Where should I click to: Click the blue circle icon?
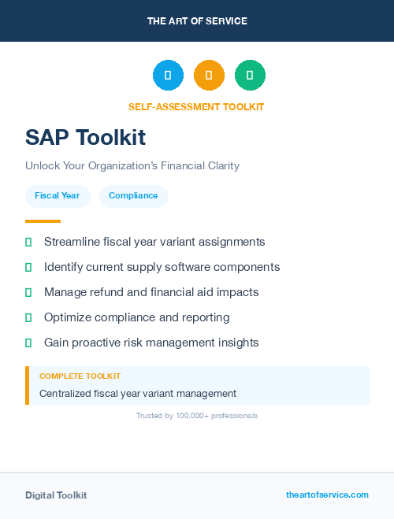coord(168,76)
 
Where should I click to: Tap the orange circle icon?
coord(209,76)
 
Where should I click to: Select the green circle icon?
coord(250,76)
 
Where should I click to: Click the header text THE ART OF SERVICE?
coord(197,21)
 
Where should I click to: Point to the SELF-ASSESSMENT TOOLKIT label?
coord(197,106)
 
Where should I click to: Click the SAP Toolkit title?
coord(85,137)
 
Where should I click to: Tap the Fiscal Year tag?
coord(58,196)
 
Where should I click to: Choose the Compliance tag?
coord(133,196)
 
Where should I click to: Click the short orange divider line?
coord(43,221)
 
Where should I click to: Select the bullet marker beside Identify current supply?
coord(28,268)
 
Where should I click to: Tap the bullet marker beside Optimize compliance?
coord(28,318)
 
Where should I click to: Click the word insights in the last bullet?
coord(236,343)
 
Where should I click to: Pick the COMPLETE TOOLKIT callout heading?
coord(80,376)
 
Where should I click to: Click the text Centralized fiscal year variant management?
coord(138,393)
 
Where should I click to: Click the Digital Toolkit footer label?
coord(56,495)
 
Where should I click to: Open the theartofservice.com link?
coord(327,495)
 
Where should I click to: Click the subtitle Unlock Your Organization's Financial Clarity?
coord(132,166)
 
